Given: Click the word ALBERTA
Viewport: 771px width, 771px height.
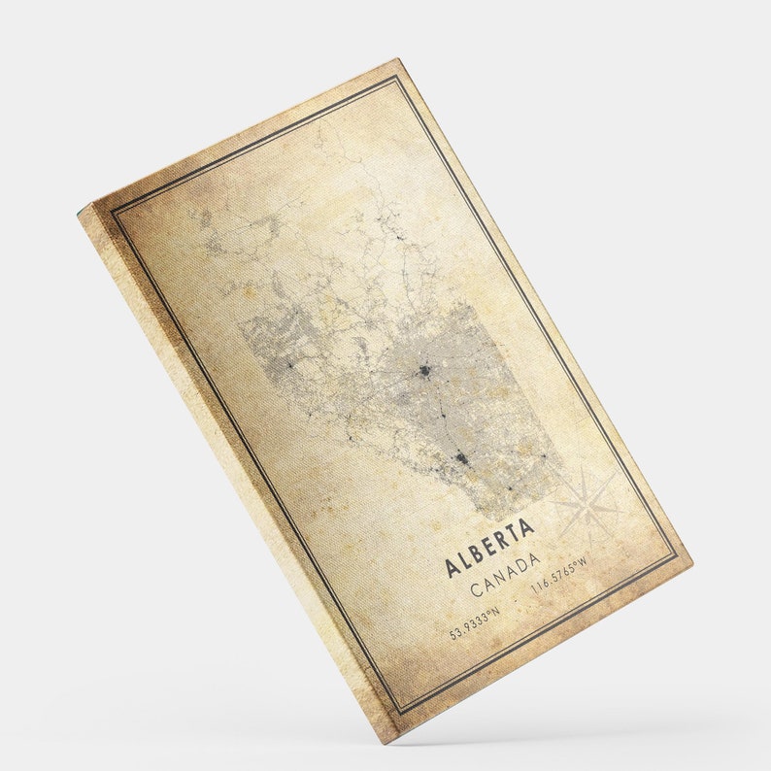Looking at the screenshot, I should tap(489, 548).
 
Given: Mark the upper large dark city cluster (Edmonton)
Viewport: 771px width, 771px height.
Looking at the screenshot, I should tap(424, 370).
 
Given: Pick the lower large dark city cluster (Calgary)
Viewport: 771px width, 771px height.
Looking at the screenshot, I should tap(462, 456).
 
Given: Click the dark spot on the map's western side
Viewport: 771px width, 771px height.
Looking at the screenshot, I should tap(288, 364).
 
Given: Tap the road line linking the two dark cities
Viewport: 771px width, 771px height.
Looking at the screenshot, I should tap(444, 413).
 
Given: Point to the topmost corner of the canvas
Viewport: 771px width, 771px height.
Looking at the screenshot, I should tap(397, 60).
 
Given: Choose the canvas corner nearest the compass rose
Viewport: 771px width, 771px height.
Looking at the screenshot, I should tap(691, 562).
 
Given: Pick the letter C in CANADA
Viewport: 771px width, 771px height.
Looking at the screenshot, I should tap(475, 590).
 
